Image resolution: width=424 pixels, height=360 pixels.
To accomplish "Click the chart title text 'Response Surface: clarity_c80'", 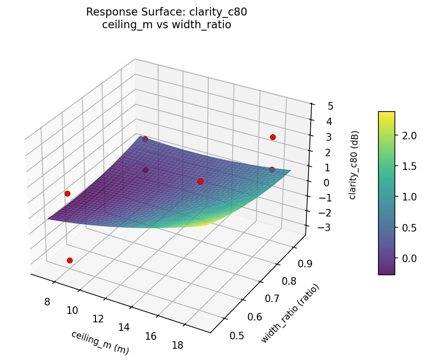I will [166, 12].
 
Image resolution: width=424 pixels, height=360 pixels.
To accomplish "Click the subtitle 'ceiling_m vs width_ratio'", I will [166, 24].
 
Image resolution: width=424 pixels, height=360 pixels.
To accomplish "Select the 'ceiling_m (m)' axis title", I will [100, 342].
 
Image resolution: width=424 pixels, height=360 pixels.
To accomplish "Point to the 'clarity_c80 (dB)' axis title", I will [353, 165].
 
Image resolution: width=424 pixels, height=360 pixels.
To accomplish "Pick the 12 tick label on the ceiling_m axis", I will [98, 319].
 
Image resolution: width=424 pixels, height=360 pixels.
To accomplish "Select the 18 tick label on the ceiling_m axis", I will [178, 345].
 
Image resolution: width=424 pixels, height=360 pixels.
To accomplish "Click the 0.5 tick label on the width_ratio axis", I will [236, 335].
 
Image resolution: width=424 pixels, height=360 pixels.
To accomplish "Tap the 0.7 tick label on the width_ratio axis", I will [269, 298].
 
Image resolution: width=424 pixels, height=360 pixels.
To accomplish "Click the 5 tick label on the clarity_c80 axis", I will [331, 106].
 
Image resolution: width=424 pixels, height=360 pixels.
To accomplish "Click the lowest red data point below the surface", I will [70, 260].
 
